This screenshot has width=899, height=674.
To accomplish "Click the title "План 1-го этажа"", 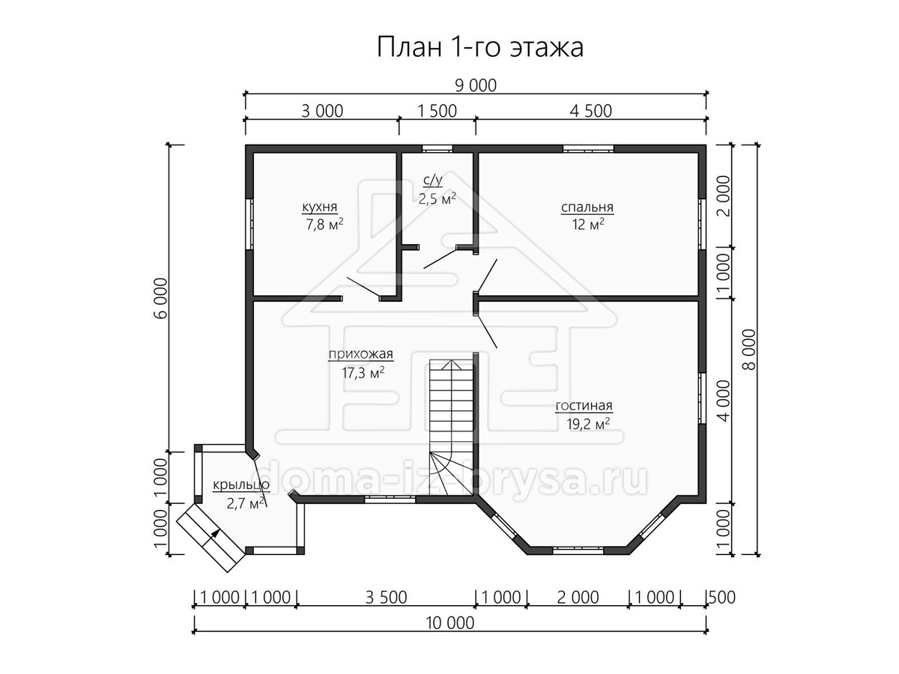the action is point(479,47).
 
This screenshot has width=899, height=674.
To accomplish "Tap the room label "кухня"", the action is point(319,207).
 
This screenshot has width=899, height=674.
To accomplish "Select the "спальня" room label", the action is point(587,207).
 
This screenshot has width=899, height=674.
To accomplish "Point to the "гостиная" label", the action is point(584,406).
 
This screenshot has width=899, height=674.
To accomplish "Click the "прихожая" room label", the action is point(360,354).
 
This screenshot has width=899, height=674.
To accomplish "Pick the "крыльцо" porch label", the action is point(240,485).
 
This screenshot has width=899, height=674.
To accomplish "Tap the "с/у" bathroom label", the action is point(433,180).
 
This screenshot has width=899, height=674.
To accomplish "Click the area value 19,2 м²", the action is point(588,425).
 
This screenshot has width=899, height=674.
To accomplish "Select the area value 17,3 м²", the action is point(363,373).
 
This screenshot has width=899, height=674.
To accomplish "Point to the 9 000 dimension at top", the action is point(476,86).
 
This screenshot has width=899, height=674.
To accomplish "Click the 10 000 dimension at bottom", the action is point(449,623).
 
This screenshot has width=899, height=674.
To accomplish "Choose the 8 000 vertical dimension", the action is point(750,350).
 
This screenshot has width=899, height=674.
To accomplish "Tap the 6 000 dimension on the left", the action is point(162,298).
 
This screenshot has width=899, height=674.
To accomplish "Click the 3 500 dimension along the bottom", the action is point(386,598).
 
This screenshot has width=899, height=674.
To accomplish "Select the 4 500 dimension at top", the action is point(590,112).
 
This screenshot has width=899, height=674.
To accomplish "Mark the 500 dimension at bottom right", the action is point(722,598).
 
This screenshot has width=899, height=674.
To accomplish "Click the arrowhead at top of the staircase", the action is point(451,364).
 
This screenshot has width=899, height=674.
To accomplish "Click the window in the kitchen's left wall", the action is point(249,224).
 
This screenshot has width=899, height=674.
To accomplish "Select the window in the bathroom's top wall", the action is point(438,148).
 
